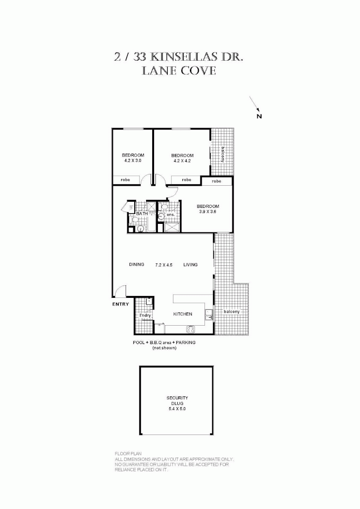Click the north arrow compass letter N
click(x=259, y=116)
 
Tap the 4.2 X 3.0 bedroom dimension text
click(x=133, y=161)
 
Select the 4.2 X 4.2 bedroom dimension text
click(x=182, y=161)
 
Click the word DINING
click(x=136, y=265)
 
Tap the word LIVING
click(x=190, y=265)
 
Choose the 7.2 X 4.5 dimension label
click(x=164, y=265)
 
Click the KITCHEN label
click(x=182, y=314)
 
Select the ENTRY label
click(x=120, y=304)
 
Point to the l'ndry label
click(x=145, y=315)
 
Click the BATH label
click(x=142, y=214)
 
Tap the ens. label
click(x=170, y=215)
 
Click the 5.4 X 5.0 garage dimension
click(x=177, y=409)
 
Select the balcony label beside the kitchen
click(x=232, y=312)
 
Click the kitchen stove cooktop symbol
click(x=190, y=329)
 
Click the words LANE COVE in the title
click(x=179, y=71)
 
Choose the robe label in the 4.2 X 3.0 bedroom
click(x=125, y=180)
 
